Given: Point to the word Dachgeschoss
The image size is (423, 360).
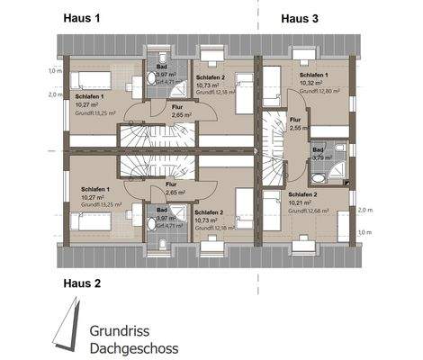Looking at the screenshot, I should pyautogui.click(x=134, y=348).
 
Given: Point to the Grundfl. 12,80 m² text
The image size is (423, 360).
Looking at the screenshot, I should pyautogui.click(x=317, y=92).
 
